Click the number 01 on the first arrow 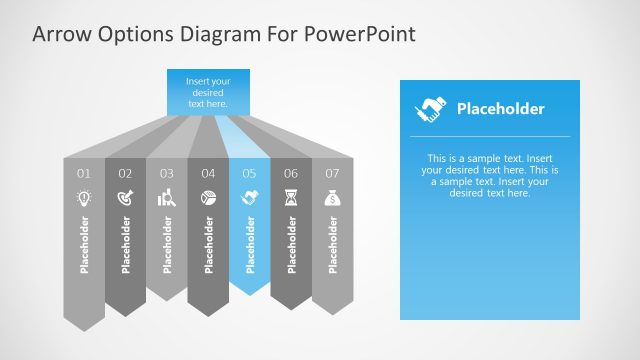click(83, 174)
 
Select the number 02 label click(125, 174)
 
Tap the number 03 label click(167, 174)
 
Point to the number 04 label click(208, 174)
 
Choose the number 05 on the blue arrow click(250, 174)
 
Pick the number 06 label click(291, 174)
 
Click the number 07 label click(333, 174)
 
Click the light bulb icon click(83, 199)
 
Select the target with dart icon click(125, 199)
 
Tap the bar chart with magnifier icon click(167, 199)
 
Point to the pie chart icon click(208, 199)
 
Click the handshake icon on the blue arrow click(250, 199)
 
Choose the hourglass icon click(291, 199)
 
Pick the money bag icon click(333, 199)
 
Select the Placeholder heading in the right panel click(500, 109)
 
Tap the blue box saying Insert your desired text click(208, 90)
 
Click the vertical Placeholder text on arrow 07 click(333, 243)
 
